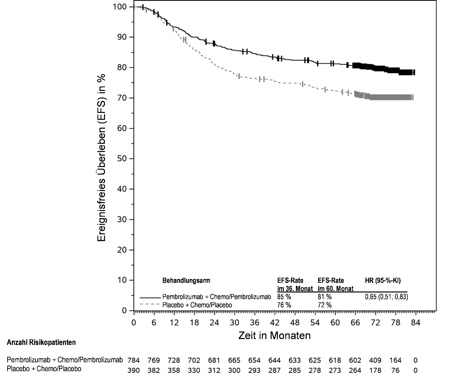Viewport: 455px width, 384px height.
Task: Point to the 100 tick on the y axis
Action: pos(120,7)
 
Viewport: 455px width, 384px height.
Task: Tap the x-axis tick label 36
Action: pos(255,323)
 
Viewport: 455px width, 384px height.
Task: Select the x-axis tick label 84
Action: pos(416,323)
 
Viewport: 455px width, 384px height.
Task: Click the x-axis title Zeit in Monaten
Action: pos(274,335)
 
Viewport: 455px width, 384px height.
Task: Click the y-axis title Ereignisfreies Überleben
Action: pos(102,158)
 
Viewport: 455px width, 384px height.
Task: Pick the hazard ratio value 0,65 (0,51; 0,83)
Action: pos(386,297)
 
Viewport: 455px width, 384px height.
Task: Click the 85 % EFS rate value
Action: pos(284,297)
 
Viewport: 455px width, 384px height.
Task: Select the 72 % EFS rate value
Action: pos(324,305)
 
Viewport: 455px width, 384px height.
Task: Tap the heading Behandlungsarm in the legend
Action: pos(186,281)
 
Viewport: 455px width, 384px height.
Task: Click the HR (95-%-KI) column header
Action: pos(383,281)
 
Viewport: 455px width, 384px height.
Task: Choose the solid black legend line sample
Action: pos(150,297)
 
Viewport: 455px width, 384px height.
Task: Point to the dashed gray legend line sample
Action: pos(150,305)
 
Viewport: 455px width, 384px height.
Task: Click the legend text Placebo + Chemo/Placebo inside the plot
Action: pos(197,305)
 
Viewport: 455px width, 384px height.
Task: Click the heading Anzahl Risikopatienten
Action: pos(41,343)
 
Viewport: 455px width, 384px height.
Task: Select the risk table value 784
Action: pos(134,360)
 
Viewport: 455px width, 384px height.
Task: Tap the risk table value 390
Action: pos(134,371)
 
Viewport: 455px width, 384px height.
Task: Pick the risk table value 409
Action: pos(375,360)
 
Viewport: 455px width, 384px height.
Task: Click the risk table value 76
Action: pos(396,371)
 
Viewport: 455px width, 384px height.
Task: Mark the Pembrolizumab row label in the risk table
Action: pos(65,360)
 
